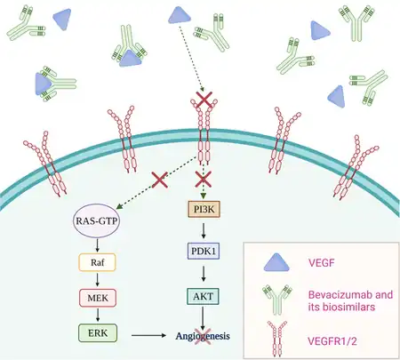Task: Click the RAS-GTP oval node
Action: tap(96, 221)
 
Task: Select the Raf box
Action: tap(97, 262)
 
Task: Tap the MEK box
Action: tap(98, 298)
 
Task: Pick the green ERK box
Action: tap(98, 333)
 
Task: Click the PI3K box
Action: tap(204, 209)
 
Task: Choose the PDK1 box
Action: tap(204, 252)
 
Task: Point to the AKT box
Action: tap(204, 296)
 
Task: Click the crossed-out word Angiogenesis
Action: tap(203, 336)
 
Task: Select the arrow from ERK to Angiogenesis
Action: tap(148, 335)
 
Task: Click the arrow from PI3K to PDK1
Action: tap(204, 231)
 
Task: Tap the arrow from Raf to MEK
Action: tap(98, 280)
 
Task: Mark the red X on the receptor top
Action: tap(204, 100)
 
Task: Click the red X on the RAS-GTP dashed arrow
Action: tap(160, 180)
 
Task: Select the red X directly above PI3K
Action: tap(204, 180)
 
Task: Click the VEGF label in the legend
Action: tap(321, 262)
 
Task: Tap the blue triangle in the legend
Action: tap(276, 263)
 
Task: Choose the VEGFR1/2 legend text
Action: tap(332, 341)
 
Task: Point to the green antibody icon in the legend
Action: tap(277, 300)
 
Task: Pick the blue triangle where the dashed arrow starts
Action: tap(180, 15)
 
